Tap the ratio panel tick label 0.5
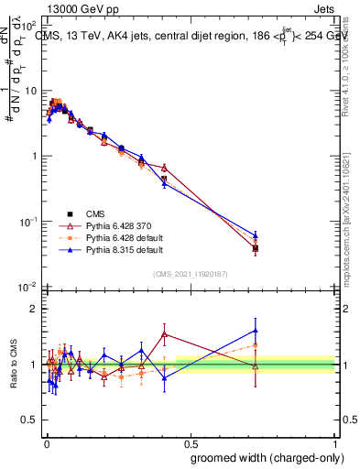pos(31,420)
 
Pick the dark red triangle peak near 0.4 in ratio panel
pos(164,334)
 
